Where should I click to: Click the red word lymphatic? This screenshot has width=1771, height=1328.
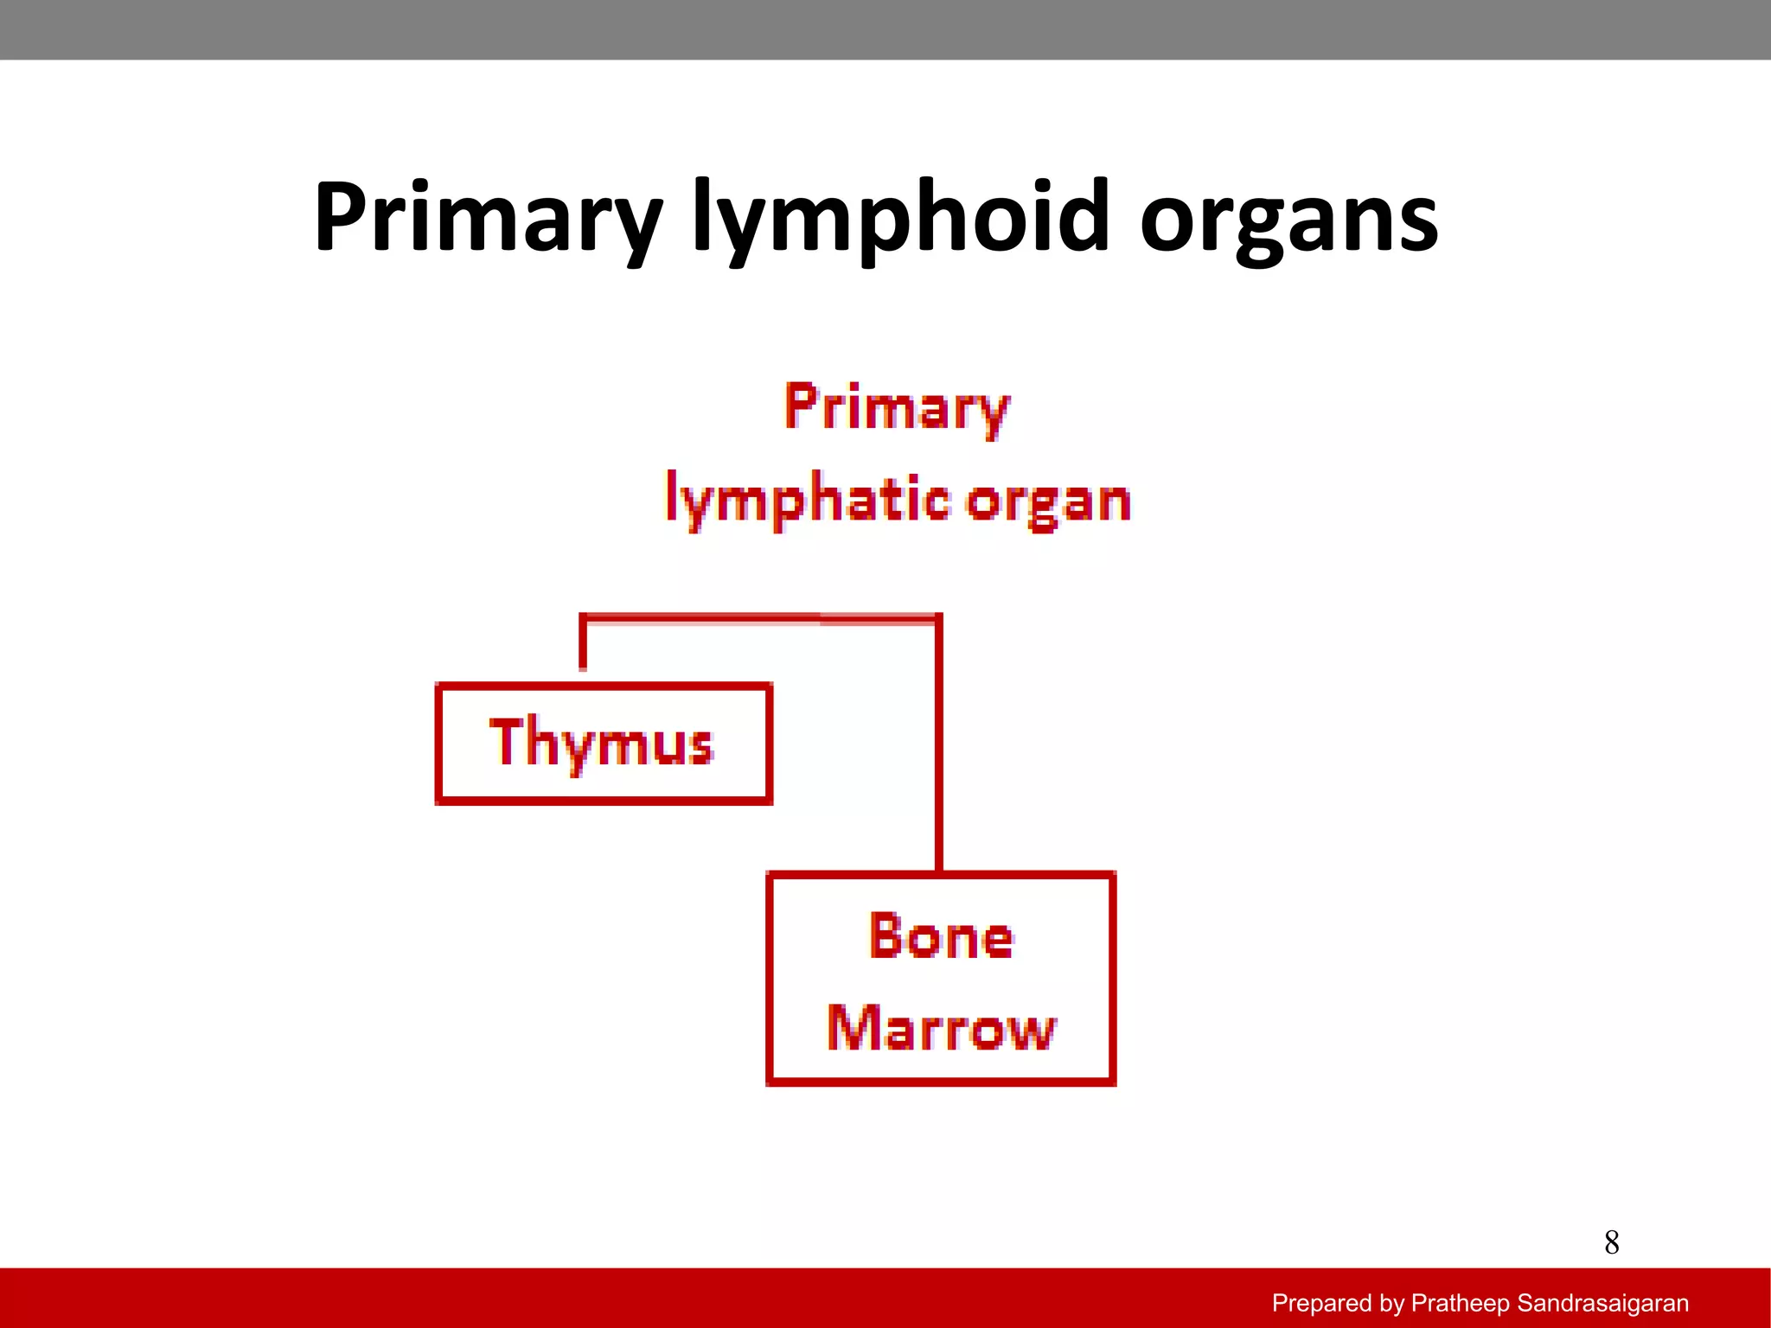[807, 501]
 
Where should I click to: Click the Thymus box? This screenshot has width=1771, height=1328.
[604, 744]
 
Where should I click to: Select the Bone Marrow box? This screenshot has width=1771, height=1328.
[941, 979]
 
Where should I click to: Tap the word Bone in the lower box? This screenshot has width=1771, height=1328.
[941, 936]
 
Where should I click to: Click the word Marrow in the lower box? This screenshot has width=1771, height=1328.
[941, 1029]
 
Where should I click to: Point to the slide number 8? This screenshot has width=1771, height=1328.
[1611, 1243]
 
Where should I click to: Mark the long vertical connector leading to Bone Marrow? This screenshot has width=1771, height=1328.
[939, 744]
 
